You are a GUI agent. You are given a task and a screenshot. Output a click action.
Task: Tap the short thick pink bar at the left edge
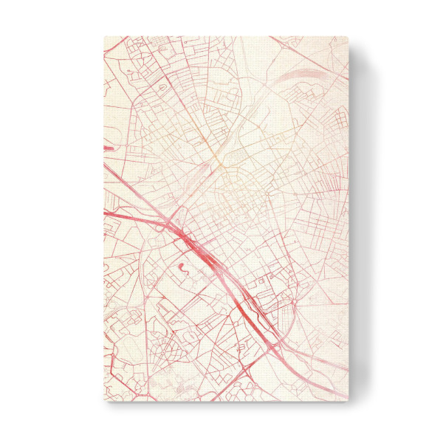(x=108, y=148)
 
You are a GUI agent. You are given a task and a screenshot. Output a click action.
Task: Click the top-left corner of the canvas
(x=103, y=35)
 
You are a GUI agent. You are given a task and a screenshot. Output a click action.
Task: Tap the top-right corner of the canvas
(x=348, y=35)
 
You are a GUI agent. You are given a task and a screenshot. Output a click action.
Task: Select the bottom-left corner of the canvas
(x=103, y=401)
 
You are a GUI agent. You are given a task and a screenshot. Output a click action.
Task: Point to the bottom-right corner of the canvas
(x=348, y=401)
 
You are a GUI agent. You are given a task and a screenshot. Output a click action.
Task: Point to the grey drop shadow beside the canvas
(x=358, y=221)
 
